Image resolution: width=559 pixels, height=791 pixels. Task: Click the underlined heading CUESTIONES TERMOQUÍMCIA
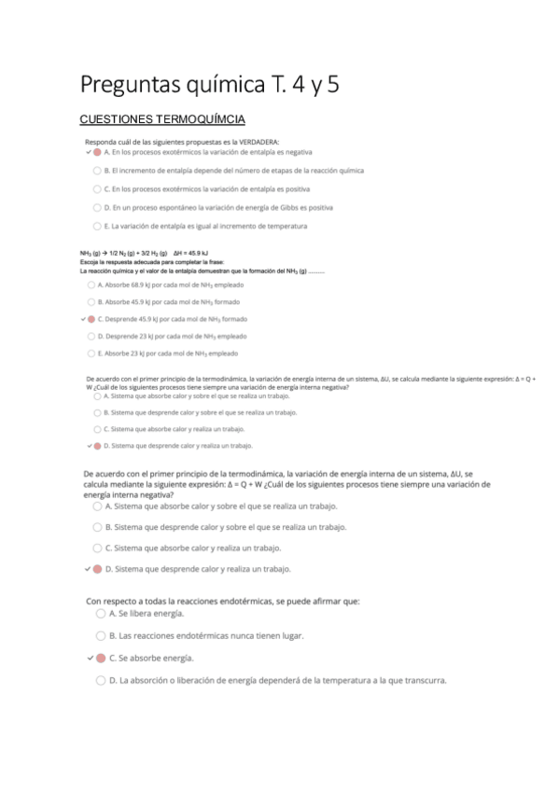[163, 119]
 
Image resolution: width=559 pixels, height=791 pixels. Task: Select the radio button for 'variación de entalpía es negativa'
[97, 151]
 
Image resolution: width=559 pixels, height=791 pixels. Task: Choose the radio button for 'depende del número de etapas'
[97, 171]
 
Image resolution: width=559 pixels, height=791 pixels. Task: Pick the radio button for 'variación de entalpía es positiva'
[97, 188]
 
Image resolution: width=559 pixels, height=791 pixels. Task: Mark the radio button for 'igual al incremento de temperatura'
[97, 226]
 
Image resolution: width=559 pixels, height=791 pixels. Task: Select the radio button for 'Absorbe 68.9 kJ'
[91, 284]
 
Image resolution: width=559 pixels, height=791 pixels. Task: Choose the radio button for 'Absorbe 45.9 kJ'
[91, 301]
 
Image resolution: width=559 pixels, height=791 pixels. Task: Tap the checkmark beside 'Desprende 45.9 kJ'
[82, 319]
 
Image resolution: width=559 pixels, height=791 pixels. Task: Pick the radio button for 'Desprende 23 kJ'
[91, 336]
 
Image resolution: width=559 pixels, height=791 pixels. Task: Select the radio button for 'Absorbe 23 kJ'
[91, 354]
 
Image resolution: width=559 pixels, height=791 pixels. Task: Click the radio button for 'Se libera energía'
[101, 614]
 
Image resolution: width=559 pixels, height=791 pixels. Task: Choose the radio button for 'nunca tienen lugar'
[101, 635]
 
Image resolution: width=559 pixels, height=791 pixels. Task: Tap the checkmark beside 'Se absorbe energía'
[89, 658]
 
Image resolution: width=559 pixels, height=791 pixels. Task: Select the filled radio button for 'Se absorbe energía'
[101, 658]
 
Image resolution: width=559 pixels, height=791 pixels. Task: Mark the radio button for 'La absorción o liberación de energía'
[101, 680]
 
